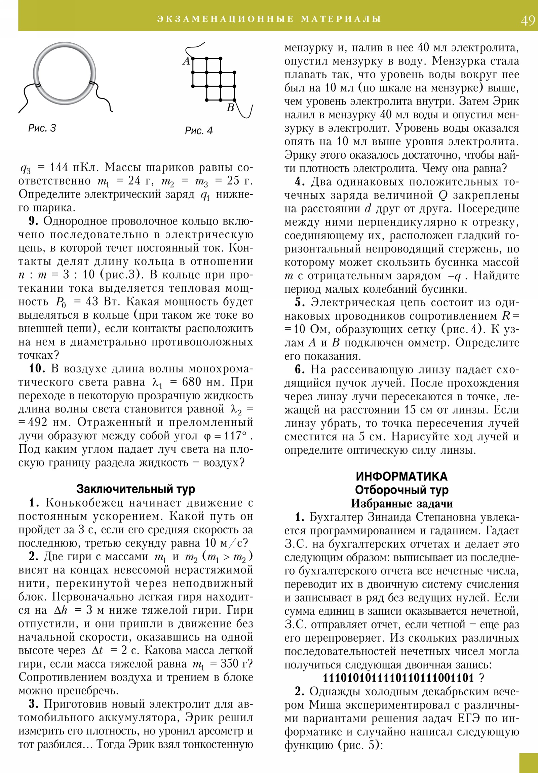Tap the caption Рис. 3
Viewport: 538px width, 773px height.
tap(42, 128)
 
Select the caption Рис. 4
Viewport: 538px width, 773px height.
tap(199, 131)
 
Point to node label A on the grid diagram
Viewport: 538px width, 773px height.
tap(187, 61)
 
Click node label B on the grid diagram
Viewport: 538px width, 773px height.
tap(230, 108)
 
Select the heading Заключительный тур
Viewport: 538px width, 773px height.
tap(136, 489)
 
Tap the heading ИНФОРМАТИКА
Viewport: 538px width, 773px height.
tap(401, 476)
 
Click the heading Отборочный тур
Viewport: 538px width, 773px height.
tap(401, 490)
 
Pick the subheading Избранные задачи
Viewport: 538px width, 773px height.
tap(401, 504)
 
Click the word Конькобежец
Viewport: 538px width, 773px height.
tap(88, 503)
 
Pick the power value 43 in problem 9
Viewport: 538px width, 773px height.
tap(92, 302)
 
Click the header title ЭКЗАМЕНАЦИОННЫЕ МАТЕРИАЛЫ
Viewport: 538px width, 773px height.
tap(269, 19)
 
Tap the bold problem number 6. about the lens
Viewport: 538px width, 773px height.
tap(300, 370)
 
